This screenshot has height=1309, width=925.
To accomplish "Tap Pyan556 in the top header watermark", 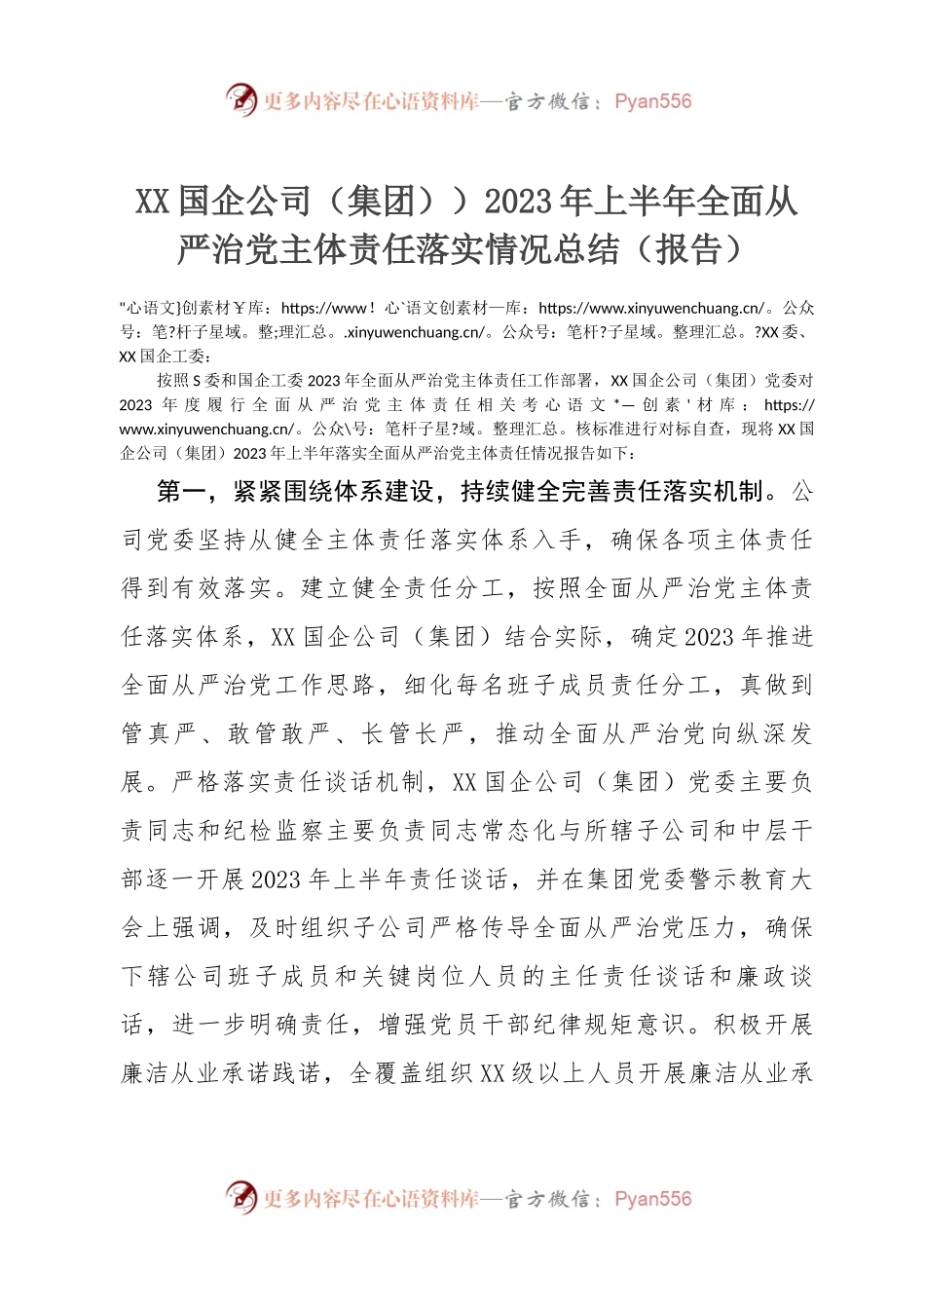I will coord(652,101).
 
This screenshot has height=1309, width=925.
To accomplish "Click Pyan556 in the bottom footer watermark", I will coord(652,1199).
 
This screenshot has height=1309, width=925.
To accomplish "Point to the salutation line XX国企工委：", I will coord(165,356).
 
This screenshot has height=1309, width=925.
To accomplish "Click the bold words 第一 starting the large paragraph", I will coord(182,492).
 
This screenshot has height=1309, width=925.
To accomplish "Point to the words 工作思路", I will coord(323,686).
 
